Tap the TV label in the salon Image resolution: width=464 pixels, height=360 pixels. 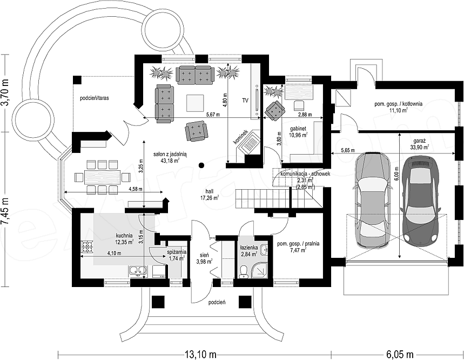pos(245,101)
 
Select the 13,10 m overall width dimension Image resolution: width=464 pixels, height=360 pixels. pos(200,354)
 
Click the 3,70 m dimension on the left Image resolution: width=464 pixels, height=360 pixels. pos(5,94)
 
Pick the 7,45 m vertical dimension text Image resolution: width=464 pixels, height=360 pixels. pos(5,211)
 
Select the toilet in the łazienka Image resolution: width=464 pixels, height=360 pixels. pos(244,271)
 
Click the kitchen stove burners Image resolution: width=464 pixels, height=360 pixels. pos(88,246)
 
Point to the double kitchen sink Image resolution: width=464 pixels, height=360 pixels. pos(138,271)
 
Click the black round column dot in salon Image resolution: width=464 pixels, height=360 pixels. pos(201,165)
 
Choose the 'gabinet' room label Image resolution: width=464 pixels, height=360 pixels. pos(298,129)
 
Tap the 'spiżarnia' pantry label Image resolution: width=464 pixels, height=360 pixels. pos(177,252)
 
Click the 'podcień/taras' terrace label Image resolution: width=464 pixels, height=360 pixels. pos(94,98)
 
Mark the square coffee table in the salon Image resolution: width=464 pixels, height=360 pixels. pos(194,103)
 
